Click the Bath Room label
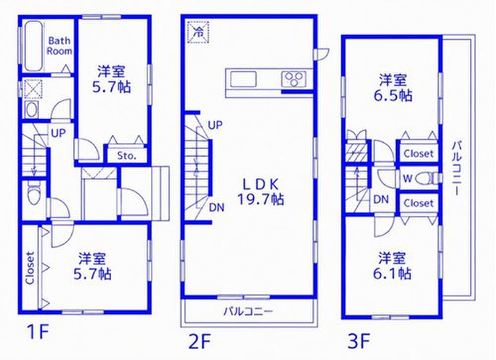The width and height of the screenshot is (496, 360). coord(60,46)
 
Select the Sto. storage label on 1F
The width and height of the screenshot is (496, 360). coord(126,156)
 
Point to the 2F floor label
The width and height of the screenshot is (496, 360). coord(199,342)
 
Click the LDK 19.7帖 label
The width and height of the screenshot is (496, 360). coord(260,192)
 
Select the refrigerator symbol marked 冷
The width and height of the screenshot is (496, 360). coord(198,32)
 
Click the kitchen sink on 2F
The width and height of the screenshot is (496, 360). coord(243,79)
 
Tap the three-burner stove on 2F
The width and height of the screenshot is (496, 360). coord(294,79)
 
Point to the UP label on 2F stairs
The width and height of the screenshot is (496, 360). coord(215,125)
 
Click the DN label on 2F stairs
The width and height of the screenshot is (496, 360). coord(217,208)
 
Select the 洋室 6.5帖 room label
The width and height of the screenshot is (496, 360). coord(392,88)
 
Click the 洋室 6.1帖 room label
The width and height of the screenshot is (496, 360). coord(392,266)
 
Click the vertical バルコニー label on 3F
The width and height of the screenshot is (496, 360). coord(456,168)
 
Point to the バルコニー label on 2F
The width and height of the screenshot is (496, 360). coord(248,311)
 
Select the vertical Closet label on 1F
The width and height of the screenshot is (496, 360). coord(30,268)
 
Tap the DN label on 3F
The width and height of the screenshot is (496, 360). coord(381,200)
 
